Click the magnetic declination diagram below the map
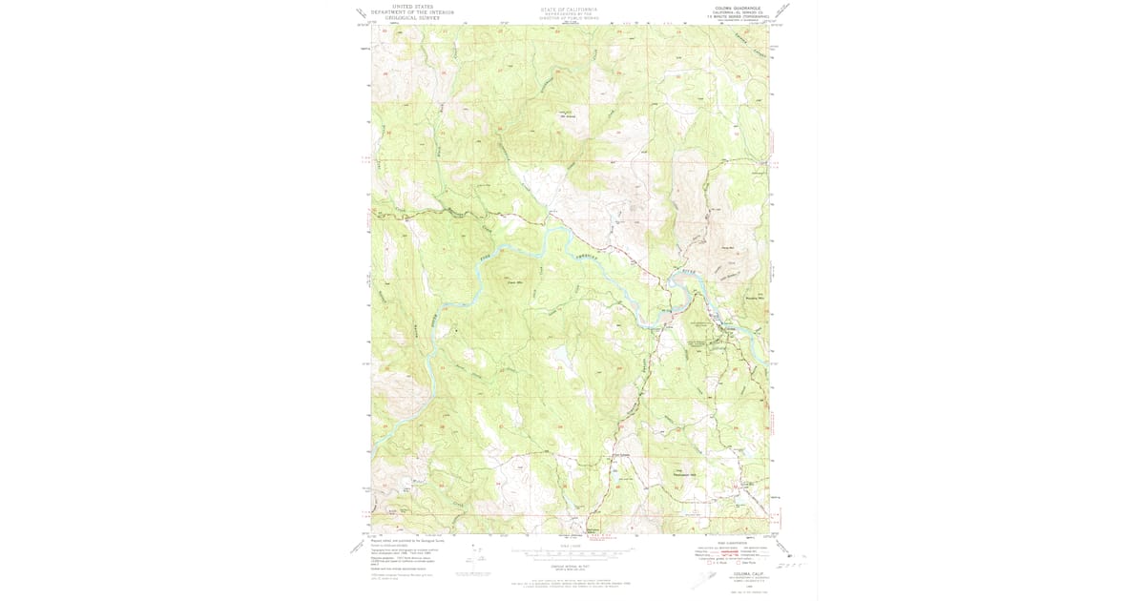[x=467, y=563]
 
